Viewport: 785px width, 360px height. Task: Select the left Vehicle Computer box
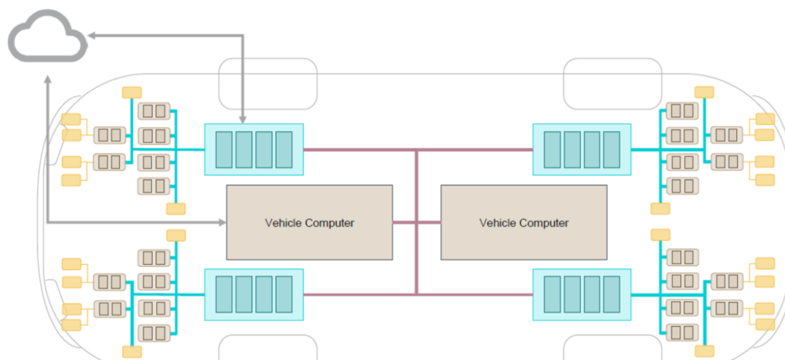[310, 222]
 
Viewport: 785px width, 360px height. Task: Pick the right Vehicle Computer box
[523, 222]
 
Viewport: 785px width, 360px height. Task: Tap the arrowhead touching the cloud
[89, 33]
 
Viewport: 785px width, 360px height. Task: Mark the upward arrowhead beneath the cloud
[47, 81]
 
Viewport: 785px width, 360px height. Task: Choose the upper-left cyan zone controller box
[254, 149]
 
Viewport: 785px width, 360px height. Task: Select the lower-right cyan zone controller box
[581, 294]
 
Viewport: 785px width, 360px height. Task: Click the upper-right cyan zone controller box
[581, 149]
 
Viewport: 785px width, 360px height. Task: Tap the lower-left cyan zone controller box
[254, 294]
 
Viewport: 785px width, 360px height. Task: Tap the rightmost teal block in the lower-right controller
[612, 294]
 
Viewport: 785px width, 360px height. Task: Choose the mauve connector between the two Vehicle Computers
[416, 222]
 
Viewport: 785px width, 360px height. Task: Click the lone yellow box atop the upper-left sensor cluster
[132, 92]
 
